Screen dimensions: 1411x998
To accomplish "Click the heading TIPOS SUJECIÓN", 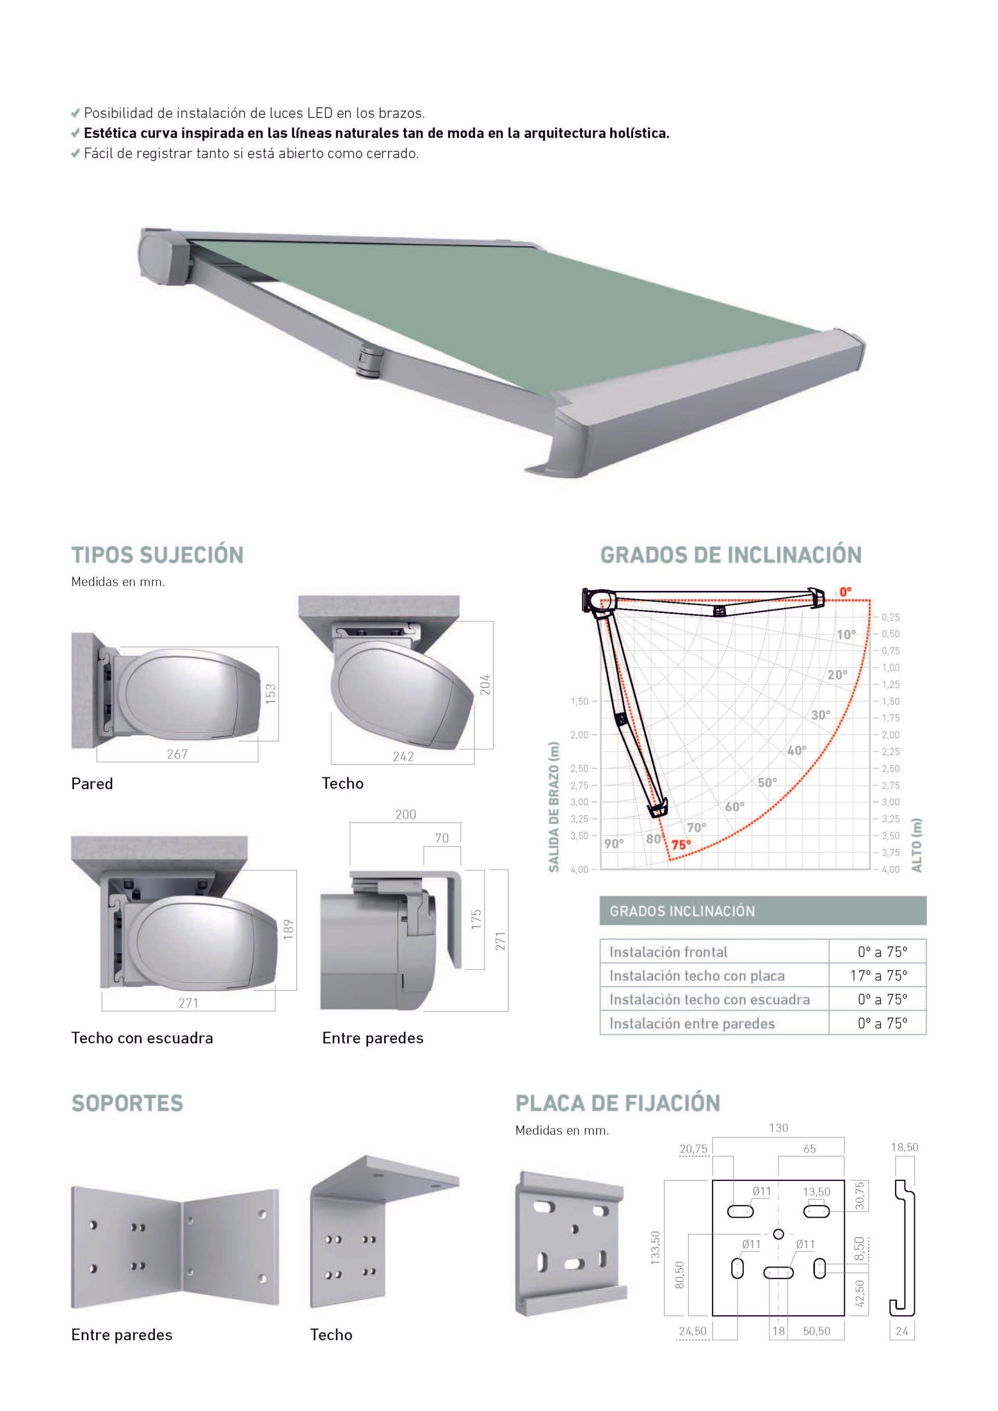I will point(157,555).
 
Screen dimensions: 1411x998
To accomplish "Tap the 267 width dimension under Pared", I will point(177,754).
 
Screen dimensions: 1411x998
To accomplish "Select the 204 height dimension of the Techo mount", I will point(485,684).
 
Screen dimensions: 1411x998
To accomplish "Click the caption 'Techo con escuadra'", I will point(142,1038).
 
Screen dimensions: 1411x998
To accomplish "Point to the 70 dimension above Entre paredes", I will point(441,838).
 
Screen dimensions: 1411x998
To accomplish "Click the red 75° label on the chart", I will point(680,845).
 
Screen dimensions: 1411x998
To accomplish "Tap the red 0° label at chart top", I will point(846,592).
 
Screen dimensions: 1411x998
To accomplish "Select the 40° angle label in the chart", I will point(796,750).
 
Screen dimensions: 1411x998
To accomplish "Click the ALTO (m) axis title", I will point(917,845).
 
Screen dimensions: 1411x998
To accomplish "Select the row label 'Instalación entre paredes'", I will point(692,1023).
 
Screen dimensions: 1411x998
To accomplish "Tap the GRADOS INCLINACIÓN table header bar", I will point(762,911).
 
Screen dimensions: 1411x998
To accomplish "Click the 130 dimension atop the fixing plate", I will point(778,1128).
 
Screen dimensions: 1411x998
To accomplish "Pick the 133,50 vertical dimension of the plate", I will point(655,1247).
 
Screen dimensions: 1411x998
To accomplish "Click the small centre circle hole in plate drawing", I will point(779,1233).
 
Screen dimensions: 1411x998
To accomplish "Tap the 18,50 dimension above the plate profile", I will point(904,1147).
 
